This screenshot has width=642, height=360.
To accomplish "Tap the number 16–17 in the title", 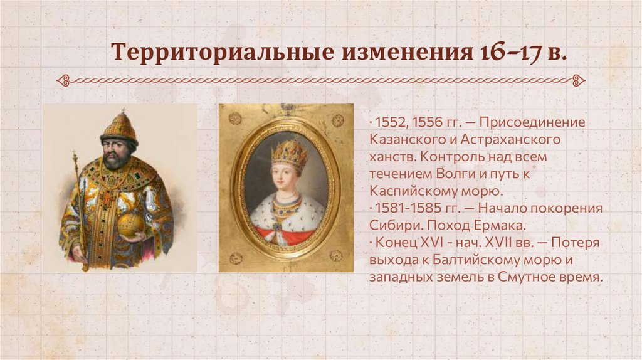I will click(x=502, y=53).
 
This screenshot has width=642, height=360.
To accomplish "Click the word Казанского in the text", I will click(x=402, y=139).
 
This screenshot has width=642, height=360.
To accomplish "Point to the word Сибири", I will click(x=389, y=225).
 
